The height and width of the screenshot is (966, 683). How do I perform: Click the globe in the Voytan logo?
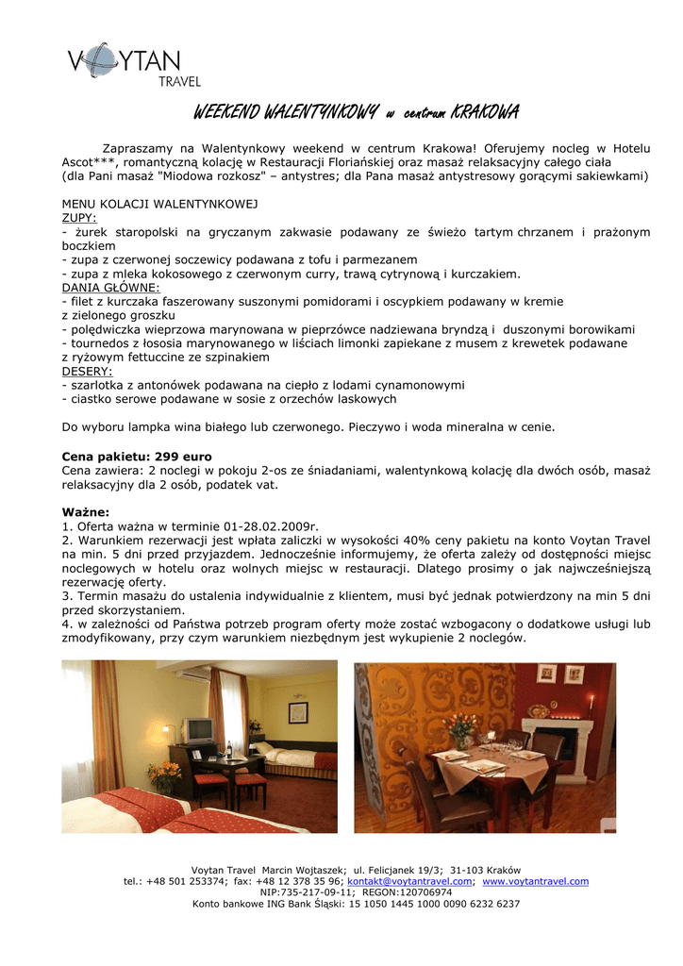tap(100, 62)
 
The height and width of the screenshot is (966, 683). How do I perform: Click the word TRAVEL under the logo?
tap(179, 82)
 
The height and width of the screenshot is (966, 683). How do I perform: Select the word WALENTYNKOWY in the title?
tap(312, 114)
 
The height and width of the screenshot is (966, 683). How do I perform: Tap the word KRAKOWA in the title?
tap(485, 114)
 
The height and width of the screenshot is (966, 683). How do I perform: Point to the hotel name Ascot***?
tap(88, 162)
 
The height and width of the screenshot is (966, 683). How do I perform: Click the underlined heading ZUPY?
tap(79, 218)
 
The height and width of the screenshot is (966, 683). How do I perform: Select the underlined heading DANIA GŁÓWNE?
tap(110, 287)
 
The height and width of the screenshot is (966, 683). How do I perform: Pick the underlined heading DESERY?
tap(87, 372)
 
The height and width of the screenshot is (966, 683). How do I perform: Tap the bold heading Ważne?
tap(86, 511)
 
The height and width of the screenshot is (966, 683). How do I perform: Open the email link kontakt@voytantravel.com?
tap(410, 881)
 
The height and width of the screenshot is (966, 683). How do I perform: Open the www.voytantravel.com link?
tap(535, 881)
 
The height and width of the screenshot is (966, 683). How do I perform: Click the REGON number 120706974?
tap(421, 892)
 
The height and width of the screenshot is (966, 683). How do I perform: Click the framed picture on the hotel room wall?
tap(298, 711)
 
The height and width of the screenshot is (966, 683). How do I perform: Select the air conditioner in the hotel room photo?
tap(192, 676)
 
